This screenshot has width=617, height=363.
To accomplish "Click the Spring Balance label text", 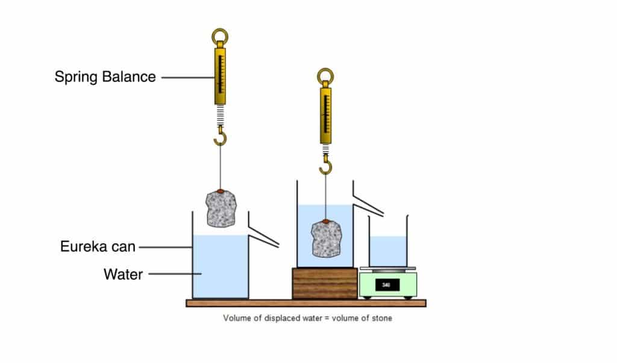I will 105,77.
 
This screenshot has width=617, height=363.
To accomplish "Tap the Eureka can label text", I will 98,247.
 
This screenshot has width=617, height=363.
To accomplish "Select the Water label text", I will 123,275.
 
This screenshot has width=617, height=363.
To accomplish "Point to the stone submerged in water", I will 326,239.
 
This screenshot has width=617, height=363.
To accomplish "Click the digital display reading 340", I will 387,283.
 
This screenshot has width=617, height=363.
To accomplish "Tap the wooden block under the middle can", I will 325,283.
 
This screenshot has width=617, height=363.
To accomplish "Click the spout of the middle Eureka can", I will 368,204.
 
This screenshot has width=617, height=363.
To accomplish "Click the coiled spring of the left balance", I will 221,113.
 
